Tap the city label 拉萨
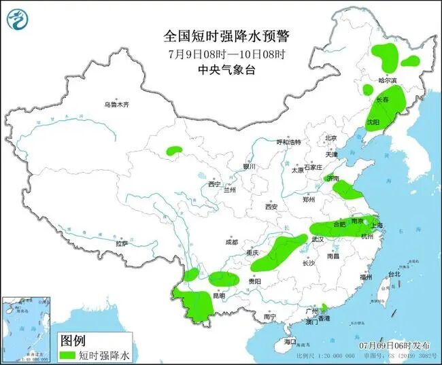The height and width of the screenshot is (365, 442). [122, 243]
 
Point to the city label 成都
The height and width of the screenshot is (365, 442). [231, 242]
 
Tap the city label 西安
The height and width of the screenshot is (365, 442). [272, 207]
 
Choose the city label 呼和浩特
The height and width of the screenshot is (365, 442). [288, 142]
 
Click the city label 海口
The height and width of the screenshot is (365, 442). [291, 341]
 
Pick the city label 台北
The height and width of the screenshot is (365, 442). [394, 275]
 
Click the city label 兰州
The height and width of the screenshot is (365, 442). [230, 190]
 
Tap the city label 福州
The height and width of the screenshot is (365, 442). [366, 277]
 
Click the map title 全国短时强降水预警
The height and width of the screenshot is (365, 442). [221, 35]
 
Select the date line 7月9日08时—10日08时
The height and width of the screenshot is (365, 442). [221, 54]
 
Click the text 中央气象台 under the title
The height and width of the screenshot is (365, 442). [221, 70]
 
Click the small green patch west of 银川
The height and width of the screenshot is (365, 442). [175, 150]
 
